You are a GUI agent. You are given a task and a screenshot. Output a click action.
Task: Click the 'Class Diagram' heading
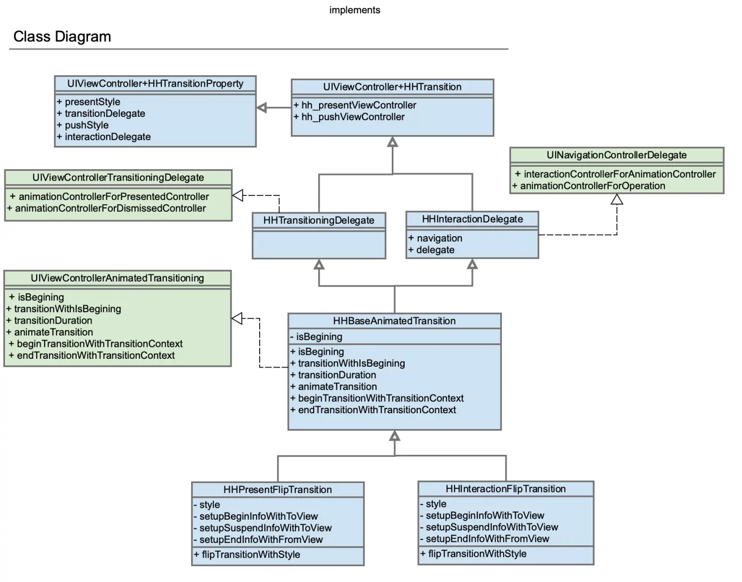pyautogui.click(x=62, y=37)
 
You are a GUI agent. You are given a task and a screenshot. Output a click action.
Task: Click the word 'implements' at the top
pyautogui.click(x=355, y=10)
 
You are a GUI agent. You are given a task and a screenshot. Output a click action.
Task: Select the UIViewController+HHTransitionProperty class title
pyautogui.click(x=155, y=84)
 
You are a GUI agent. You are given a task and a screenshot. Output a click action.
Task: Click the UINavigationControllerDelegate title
pyautogui.click(x=616, y=155)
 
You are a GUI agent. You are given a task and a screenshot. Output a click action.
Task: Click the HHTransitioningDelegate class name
pyautogui.click(x=319, y=220)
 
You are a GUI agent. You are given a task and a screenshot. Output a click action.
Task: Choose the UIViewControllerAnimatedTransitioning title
pyautogui.click(x=117, y=278)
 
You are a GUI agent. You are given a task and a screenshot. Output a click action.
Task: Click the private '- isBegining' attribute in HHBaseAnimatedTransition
pyautogui.click(x=316, y=337)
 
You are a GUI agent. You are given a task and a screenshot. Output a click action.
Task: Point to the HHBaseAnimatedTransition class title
pyautogui.click(x=394, y=321)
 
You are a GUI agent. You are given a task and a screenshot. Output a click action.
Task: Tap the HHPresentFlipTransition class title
pyautogui.click(x=278, y=490)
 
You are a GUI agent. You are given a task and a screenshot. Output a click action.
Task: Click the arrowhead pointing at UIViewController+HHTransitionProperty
pyautogui.click(x=262, y=107)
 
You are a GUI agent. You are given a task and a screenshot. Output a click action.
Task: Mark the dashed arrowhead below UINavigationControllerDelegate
pyautogui.click(x=617, y=199)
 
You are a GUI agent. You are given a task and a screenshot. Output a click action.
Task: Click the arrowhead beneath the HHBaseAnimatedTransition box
pyautogui.click(x=394, y=436)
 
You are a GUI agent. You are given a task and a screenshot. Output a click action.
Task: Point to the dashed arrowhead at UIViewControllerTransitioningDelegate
pyautogui.click(x=237, y=195)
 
